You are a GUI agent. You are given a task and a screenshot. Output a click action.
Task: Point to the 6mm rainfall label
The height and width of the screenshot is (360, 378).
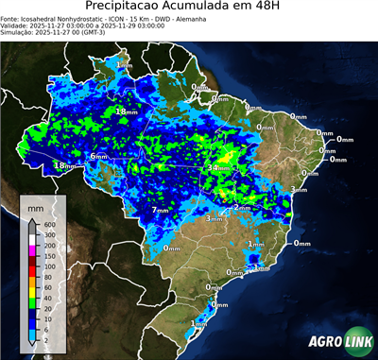coord(99,157)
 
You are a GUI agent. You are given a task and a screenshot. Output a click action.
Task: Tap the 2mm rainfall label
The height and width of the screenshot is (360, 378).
coord(241,207)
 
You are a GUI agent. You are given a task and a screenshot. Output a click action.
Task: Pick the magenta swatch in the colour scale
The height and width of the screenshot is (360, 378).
coord(33,250)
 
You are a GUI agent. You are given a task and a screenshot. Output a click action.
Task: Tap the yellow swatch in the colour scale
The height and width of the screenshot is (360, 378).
coord(33,293)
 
